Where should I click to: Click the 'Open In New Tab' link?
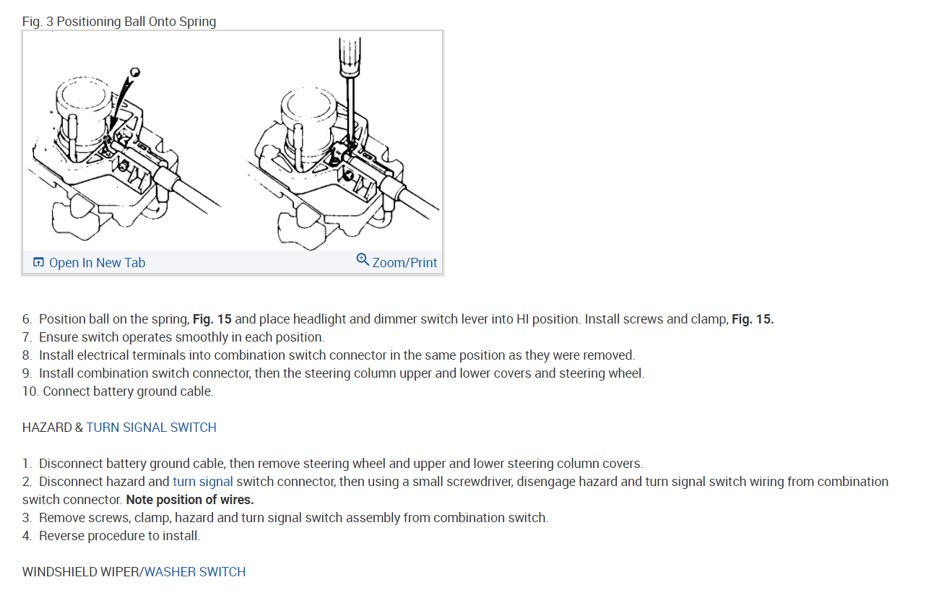[x=97, y=263]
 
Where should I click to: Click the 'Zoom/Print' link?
[x=404, y=263]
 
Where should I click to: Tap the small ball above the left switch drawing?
[x=135, y=72]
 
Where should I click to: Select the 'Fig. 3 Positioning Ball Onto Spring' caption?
[x=119, y=22]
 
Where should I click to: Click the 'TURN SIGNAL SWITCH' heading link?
[x=151, y=428]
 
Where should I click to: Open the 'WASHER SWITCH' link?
[x=195, y=572]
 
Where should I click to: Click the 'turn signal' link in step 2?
[x=202, y=482]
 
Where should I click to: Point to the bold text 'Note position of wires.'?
[x=190, y=500]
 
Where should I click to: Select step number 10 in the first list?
[x=30, y=391]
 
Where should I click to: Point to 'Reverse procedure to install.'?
[x=119, y=536]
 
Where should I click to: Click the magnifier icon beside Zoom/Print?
[x=363, y=260]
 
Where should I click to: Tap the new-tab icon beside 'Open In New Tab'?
[x=39, y=263]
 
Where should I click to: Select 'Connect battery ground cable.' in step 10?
[x=128, y=391]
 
